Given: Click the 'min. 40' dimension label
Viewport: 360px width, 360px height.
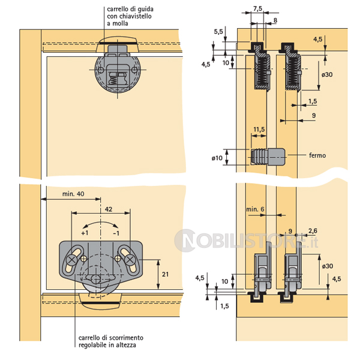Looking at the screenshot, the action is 73,194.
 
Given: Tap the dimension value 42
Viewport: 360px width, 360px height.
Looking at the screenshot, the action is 109,209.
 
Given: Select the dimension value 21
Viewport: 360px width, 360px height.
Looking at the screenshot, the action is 166,274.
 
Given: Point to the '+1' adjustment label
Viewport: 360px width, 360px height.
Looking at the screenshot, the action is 85,233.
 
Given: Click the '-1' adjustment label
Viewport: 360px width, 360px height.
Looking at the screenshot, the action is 116,233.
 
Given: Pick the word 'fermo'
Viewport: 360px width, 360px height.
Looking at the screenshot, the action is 317,155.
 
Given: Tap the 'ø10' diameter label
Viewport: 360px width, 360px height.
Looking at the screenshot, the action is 217,158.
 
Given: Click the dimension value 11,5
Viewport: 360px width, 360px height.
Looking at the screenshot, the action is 259,130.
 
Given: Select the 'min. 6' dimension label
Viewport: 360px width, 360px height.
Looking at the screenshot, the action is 255,209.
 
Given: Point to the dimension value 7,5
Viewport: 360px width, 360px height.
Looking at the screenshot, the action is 257,9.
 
